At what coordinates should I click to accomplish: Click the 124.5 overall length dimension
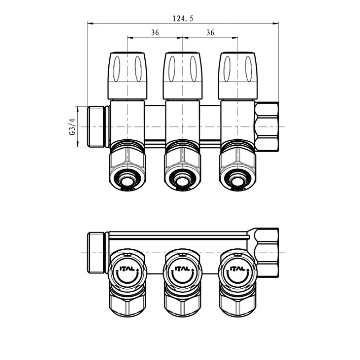coord(183,19)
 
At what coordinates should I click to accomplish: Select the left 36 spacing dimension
coord(155,33)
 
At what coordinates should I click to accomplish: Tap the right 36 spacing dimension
coord(210,33)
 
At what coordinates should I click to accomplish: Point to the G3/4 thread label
coord(73,126)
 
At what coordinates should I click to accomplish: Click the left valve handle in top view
coord(127,76)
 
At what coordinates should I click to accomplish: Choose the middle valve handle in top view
coord(183,76)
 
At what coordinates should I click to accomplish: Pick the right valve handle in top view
coord(237,76)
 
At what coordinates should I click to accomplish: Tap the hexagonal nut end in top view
coord(267,127)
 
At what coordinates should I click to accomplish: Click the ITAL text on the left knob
coord(127,269)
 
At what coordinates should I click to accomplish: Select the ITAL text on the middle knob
coord(182,269)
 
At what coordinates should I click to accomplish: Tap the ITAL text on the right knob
coord(237,269)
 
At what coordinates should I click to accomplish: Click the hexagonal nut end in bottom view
coord(267,253)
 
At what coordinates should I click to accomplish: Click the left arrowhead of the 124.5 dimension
coord(90,23)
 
